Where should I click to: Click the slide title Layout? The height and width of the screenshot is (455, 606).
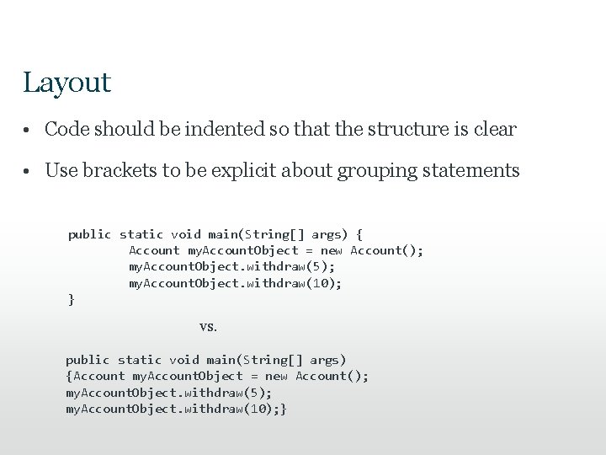pyautogui.click(x=67, y=83)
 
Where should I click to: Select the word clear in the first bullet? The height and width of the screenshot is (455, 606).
pyautogui.click(x=495, y=130)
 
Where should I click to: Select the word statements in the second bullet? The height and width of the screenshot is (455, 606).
pyautogui.click(x=472, y=170)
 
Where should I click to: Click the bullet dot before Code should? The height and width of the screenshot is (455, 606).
pyautogui.click(x=28, y=131)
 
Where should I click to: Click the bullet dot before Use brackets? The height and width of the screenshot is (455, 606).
pyautogui.click(x=28, y=171)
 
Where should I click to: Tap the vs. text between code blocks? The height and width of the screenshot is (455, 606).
pyautogui.click(x=208, y=326)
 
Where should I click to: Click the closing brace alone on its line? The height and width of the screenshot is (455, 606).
pyautogui.click(x=72, y=299)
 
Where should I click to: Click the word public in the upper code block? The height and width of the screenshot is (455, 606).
pyautogui.click(x=89, y=234)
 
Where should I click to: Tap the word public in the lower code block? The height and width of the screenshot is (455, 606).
pyautogui.click(x=88, y=360)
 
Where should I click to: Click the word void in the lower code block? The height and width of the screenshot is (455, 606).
pyautogui.click(x=183, y=360)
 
